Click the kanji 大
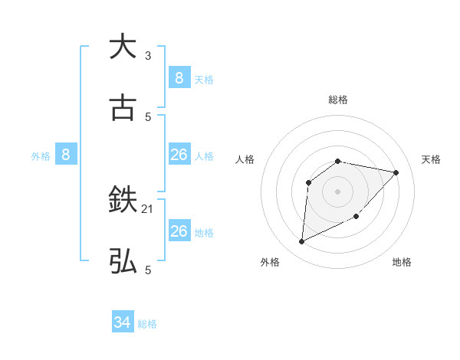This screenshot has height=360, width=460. pyautogui.click(x=123, y=47)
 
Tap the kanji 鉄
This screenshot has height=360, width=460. pyautogui.click(x=123, y=201)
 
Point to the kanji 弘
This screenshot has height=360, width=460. pyautogui.click(x=123, y=262)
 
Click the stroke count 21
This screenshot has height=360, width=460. pyautogui.click(x=148, y=208)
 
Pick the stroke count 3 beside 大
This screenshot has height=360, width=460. pyautogui.click(x=148, y=55)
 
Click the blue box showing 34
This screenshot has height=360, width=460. pyautogui.click(x=123, y=322)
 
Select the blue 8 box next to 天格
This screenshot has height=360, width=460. pyautogui.click(x=179, y=77)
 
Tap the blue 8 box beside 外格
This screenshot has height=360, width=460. pyautogui.click(x=66, y=155)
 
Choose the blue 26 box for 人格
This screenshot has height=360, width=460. pyautogui.click(x=179, y=155)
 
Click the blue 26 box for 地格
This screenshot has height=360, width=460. pyautogui.click(x=179, y=231)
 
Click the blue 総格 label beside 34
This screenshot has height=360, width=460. pyautogui.click(x=147, y=324)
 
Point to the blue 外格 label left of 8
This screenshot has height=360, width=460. pyautogui.click(x=41, y=156)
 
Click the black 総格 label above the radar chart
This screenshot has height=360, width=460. pyautogui.click(x=338, y=100)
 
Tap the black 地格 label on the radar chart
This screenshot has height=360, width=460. pyautogui.click(x=402, y=262)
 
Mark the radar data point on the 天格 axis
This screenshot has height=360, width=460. pyautogui.click(x=396, y=172)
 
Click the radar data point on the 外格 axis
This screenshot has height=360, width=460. pyautogui.click(x=301, y=242)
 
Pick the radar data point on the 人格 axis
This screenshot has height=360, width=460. pyautogui.click(x=308, y=182)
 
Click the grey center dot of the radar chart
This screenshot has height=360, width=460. pyautogui.click(x=338, y=191)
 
